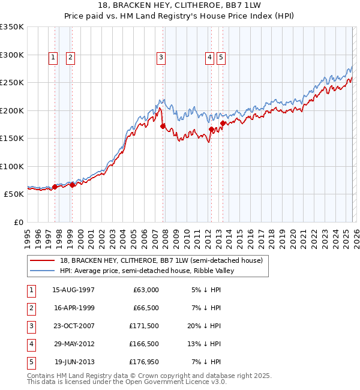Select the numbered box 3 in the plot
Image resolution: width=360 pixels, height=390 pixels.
[161, 58]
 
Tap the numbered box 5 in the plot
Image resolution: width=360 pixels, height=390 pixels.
[221, 58]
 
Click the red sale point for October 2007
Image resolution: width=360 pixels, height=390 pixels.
[163, 126]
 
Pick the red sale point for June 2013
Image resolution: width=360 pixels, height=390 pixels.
[223, 123]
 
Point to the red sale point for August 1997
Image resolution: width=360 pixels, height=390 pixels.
[55, 187]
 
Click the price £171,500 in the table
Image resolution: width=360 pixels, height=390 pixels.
[145, 326]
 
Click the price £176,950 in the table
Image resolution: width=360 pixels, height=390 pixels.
[145, 362]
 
